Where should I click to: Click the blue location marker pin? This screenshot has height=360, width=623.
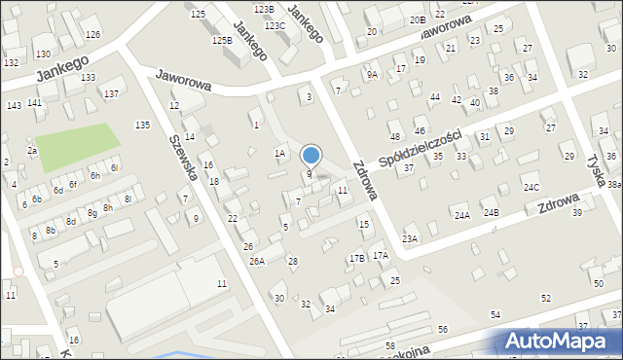tap(311, 156)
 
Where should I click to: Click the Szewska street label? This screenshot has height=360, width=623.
tap(184, 157)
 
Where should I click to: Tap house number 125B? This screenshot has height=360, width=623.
tap(223, 40)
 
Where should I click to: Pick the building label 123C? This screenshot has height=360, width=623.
tap(275, 25)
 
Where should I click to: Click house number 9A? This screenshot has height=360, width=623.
tap(372, 74)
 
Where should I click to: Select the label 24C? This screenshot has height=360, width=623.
tap(531, 187)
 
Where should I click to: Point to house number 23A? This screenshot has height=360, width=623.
tap(410, 238)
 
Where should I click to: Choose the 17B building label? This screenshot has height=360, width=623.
tap(357, 258)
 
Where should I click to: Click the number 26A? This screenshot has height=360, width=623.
tap(256, 261)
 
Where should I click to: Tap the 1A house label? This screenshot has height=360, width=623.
tap(279, 153)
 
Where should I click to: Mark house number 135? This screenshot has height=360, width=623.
tap(142, 125)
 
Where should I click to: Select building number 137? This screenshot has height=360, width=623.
tap(112, 93)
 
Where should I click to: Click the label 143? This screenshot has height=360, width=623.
tap(14, 105)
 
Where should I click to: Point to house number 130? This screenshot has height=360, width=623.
tap(43, 54)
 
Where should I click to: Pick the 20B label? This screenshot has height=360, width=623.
tap(418, 19)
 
